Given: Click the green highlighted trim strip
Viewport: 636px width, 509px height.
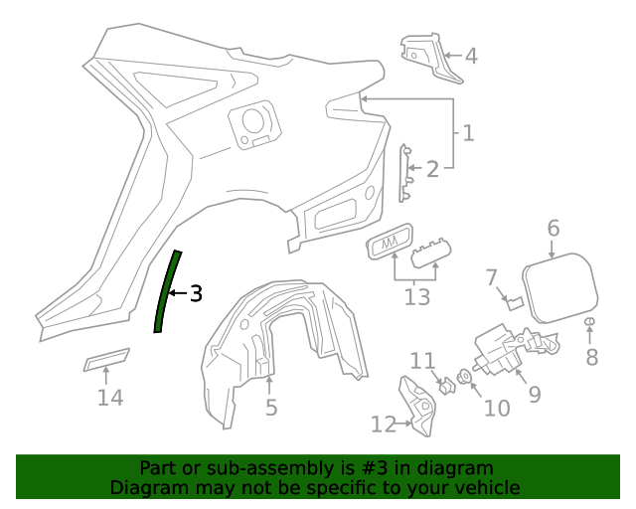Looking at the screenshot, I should click(x=166, y=293).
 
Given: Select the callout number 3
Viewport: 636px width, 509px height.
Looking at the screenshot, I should click(x=196, y=293).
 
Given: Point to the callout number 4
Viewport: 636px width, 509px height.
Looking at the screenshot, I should click(x=471, y=57).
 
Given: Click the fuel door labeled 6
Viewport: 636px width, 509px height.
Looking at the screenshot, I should click(x=559, y=289).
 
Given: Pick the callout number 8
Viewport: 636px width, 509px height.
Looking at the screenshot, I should click(x=591, y=357).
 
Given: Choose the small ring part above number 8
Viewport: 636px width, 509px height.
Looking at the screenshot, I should click(x=590, y=322).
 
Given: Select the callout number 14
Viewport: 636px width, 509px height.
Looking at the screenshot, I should click(x=110, y=398).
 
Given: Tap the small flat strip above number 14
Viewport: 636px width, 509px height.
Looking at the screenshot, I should click(x=106, y=359).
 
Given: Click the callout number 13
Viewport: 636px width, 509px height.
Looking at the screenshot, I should click(x=417, y=295).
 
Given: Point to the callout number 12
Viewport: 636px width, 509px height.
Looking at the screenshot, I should click(x=383, y=424).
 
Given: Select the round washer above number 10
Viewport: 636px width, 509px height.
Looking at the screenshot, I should click(x=464, y=378).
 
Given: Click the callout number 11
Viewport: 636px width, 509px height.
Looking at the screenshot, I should click(x=423, y=360).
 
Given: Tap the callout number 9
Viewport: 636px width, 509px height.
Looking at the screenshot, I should click(x=534, y=395).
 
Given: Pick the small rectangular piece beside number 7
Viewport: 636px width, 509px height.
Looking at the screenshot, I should click(x=516, y=303).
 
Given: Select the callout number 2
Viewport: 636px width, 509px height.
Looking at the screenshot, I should click(x=431, y=170).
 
